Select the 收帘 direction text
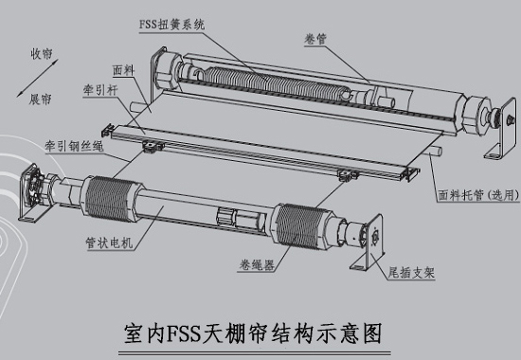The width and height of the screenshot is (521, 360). point(40,56)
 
